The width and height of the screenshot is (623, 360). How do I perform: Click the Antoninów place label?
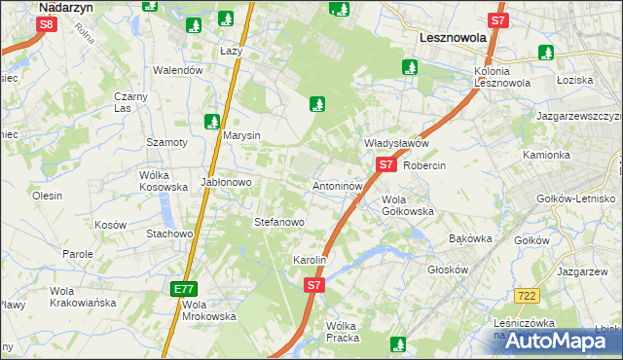[x=338, y=185]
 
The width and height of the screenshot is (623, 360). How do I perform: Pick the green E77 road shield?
[x=184, y=289]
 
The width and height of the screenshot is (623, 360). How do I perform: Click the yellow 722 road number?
[x=528, y=295]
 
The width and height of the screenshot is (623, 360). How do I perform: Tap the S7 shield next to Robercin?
[x=386, y=165]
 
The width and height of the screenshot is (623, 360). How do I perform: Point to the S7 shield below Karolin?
[x=313, y=285]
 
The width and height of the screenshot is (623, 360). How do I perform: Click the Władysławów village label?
[x=396, y=143]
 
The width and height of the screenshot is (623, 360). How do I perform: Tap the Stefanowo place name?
[x=279, y=222]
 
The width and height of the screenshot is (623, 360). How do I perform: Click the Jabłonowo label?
[x=227, y=182]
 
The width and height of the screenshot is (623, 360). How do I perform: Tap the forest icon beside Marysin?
[x=211, y=122]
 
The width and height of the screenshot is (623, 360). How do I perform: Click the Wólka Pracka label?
[x=343, y=332]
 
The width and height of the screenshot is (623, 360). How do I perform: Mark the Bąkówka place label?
[x=470, y=237]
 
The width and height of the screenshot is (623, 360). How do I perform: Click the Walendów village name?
[x=178, y=70]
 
